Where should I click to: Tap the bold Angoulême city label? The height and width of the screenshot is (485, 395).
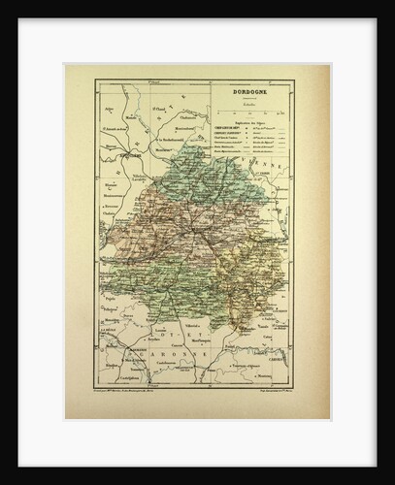(x=121, y=153)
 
